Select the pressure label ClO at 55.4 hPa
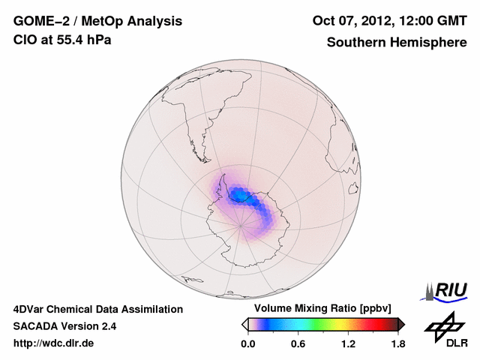pos(62,40)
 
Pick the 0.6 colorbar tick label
pos(298,343)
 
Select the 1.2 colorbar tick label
pos(347,343)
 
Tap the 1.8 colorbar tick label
pos(397,343)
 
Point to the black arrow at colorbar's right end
pos(401,324)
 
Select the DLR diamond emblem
pos(445,325)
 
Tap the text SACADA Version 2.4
pos(64,326)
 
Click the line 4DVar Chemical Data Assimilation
pos(97,309)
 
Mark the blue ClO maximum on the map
pos(239,196)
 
